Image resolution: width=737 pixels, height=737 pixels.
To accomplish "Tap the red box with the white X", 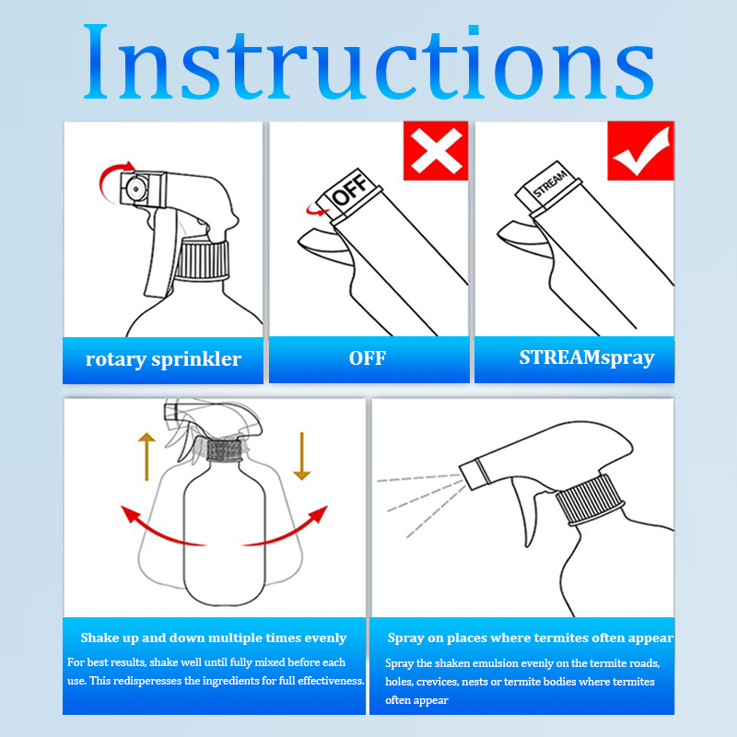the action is pyautogui.click(x=436, y=150).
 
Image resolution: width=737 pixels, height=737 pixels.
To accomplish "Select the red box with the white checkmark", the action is pyautogui.click(x=640, y=150).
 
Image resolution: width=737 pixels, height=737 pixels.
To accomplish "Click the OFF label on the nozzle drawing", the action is pyautogui.click(x=350, y=189).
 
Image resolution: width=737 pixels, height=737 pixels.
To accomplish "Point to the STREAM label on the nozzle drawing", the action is pyautogui.click(x=550, y=183).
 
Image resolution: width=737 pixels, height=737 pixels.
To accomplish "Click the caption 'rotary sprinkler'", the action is pyautogui.click(x=163, y=359).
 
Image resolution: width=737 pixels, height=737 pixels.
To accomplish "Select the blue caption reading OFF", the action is pyautogui.click(x=368, y=358).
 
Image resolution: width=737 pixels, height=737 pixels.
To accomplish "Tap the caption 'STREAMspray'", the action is pyautogui.click(x=587, y=358).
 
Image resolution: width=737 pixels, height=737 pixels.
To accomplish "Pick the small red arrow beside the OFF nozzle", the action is pyautogui.click(x=315, y=210).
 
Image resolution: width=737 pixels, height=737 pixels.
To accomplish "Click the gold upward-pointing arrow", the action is pyautogui.click(x=146, y=456).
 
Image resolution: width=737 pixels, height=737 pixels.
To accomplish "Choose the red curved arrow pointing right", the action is pyautogui.click(x=290, y=532).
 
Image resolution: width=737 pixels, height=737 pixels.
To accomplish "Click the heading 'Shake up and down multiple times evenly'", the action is pyautogui.click(x=214, y=638).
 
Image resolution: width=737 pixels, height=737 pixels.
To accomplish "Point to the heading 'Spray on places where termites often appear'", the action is pyautogui.click(x=531, y=638).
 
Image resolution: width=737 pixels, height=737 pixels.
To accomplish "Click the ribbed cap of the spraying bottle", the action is pyautogui.click(x=590, y=499).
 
